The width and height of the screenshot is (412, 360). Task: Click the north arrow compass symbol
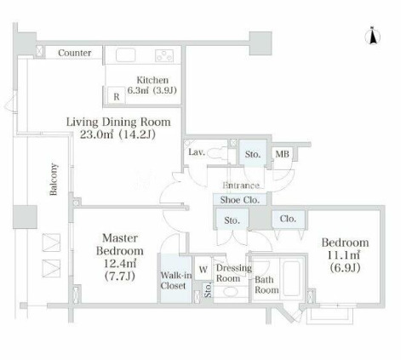pos(373,36)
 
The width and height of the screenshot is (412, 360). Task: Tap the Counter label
pos(75,53)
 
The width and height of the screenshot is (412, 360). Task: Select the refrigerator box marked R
pos(117,95)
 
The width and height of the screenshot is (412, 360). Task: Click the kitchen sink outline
pos(126,55)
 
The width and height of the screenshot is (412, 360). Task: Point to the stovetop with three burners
pos(164,55)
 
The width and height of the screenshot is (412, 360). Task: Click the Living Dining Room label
pos(118,122)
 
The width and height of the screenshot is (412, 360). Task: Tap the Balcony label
pos(54,180)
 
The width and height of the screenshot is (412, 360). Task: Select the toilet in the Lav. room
pos(218,153)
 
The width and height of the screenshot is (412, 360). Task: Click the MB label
pos(283,154)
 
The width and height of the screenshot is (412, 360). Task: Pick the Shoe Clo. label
pos(240,200)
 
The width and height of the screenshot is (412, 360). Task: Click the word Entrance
pos(241,186)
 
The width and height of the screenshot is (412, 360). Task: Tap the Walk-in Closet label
pos(176,280)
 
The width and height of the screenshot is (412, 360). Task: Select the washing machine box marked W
pos(203,269)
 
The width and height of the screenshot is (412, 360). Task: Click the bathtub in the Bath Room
pos(292,278)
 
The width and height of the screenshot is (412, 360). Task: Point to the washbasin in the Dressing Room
pos(232,292)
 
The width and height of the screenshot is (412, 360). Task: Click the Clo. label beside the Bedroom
pos(288,219)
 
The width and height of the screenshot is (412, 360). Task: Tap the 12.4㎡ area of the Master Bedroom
pos(120,264)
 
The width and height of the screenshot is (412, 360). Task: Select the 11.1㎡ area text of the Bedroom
pos(344,255)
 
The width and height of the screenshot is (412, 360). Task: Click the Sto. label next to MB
pos(253,154)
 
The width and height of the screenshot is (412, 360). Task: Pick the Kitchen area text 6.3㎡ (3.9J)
pos(152,90)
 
